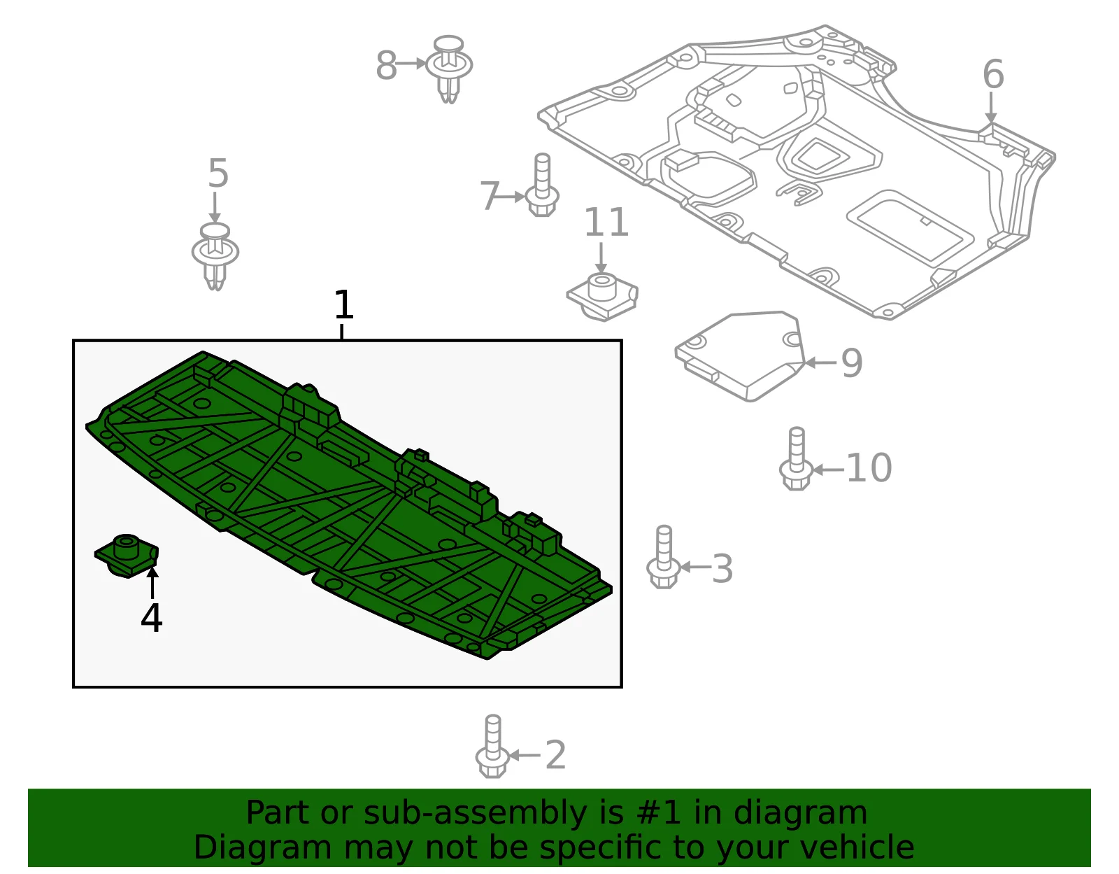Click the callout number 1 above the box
pyautogui.click(x=343, y=304)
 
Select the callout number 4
pyautogui.click(x=151, y=617)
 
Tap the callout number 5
pyautogui.click(x=218, y=173)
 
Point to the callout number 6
pyautogui.click(x=993, y=74)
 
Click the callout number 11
pyautogui.click(x=606, y=222)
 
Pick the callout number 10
pyautogui.click(x=869, y=467)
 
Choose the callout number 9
pyautogui.click(x=852, y=362)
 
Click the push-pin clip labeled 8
pyautogui.click(x=449, y=69)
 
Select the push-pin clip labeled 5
pyautogui.click(x=215, y=257)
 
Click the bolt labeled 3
pyautogui.click(x=664, y=557)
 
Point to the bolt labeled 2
pyautogui.click(x=493, y=746)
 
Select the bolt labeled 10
pyautogui.click(x=796, y=458)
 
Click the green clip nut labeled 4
pyautogui.click(x=127, y=556)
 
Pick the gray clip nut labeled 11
pyautogui.click(x=602, y=297)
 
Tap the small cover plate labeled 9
pyautogui.click(x=740, y=356)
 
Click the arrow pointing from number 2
pyautogui.click(x=525, y=756)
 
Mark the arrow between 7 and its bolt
pyautogui.click(x=512, y=197)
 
